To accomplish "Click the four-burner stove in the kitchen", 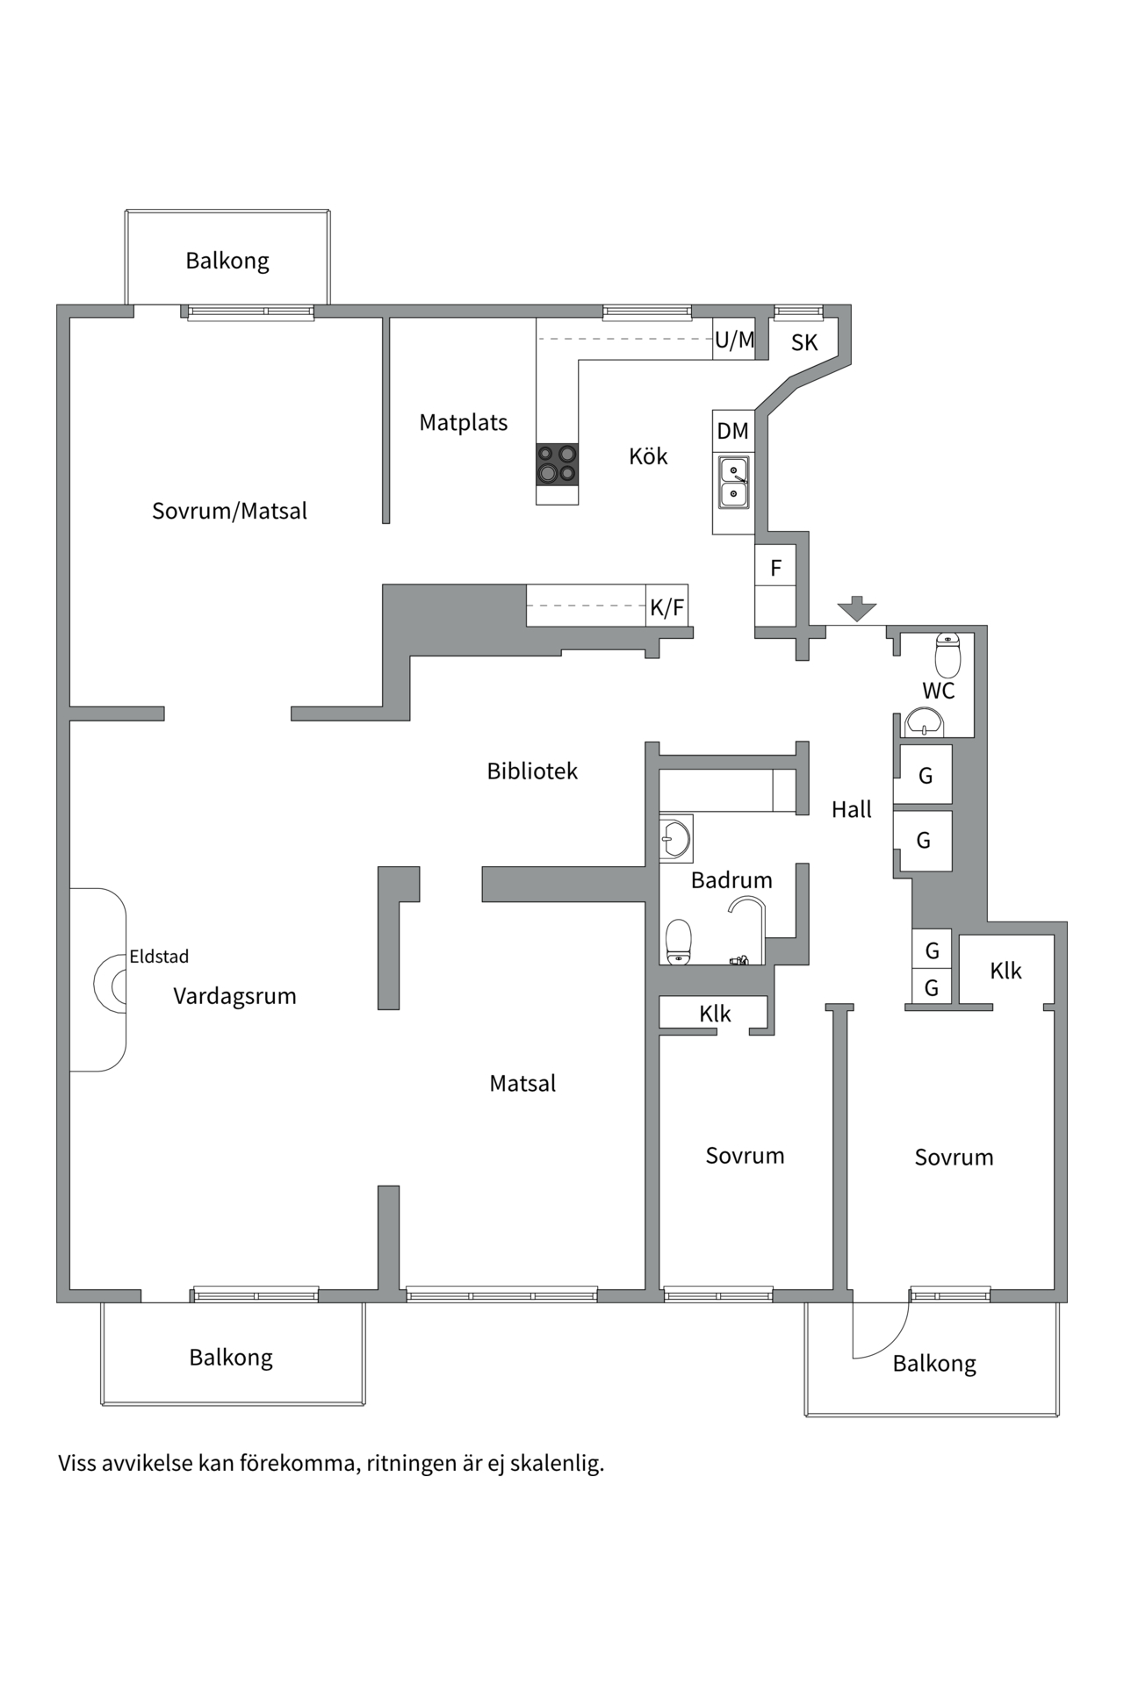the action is (557, 464).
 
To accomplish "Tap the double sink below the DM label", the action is (733, 482).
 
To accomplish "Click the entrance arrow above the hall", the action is (856, 608).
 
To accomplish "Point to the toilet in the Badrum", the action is (679, 943).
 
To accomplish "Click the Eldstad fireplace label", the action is (159, 956).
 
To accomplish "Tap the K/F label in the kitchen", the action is (666, 607).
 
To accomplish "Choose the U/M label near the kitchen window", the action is (735, 340).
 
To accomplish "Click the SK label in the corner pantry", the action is (804, 342).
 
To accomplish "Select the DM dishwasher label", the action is (733, 431).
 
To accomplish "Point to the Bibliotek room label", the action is (532, 771).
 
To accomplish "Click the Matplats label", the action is (464, 422).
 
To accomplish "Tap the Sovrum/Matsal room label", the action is (229, 511).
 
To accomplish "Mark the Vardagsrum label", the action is (234, 996).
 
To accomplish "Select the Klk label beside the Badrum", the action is (715, 1014).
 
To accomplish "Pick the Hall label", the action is (852, 809).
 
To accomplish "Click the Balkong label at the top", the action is (227, 261).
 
